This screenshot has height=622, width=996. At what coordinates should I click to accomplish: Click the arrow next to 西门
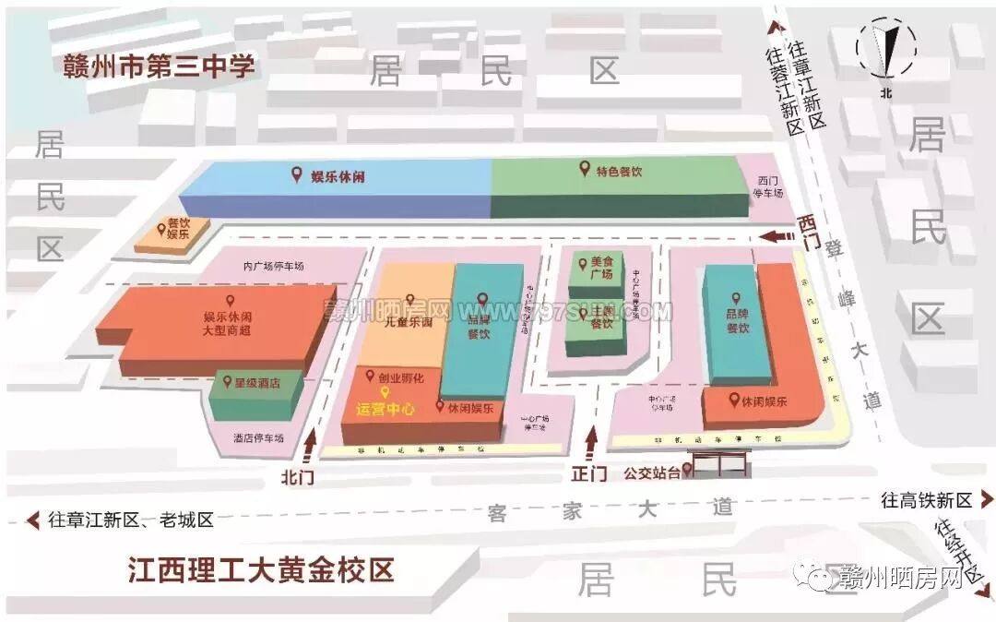pos(777,236)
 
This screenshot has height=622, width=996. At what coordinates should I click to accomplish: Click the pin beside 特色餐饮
pos(583,168)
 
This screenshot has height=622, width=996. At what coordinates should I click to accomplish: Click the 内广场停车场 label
pos(273,267)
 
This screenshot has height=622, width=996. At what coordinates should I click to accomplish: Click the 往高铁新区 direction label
pos(927,500)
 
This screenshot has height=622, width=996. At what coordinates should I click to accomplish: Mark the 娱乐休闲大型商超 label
pos(227,323)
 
